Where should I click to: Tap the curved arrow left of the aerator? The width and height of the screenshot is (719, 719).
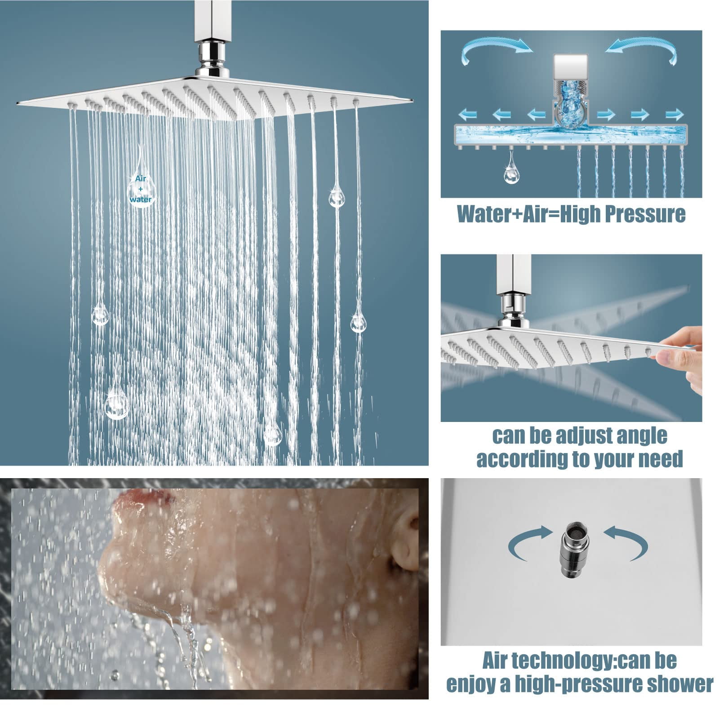coord(530,543)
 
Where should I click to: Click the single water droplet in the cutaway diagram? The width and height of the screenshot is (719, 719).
coord(510,169)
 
